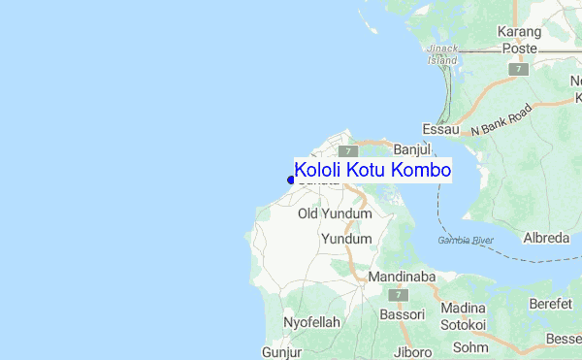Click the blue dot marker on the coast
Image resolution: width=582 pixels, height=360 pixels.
pos(291,179)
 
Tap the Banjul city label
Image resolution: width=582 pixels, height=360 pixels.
pos(411,149)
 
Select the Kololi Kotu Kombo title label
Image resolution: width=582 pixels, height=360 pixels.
pos(372,170)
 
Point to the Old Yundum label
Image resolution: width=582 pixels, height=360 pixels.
pos(335,213)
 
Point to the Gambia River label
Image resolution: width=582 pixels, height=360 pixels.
pos(466,239)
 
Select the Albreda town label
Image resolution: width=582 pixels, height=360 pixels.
pos(545,238)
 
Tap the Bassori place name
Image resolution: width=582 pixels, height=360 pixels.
pos(402,314)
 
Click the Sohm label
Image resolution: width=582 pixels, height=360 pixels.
pos(470,346)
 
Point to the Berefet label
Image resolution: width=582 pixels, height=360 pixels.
pos(551,304)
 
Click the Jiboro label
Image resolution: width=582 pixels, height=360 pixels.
pos(414,351)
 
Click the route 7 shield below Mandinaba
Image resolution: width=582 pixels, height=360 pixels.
pos(398,294)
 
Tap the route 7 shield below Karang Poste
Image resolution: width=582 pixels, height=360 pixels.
pos(521,69)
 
